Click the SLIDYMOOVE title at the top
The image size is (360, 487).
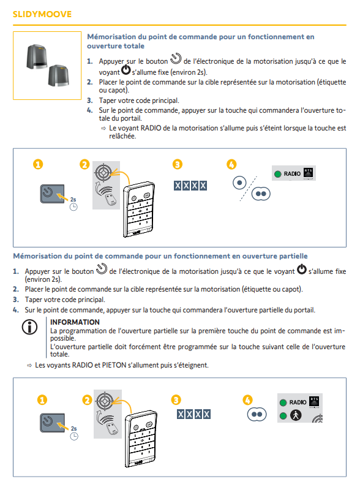[x=42, y=14]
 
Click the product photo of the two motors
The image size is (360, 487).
[x=47, y=66]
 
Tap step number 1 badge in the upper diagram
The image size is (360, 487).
[x=38, y=164]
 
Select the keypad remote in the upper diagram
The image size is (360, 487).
[x=139, y=210]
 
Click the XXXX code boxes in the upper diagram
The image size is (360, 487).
[x=190, y=186]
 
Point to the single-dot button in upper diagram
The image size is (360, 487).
[x=239, y=183]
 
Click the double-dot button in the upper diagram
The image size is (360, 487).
[x=261, y=194]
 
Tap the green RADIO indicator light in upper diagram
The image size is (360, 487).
[x=278, y=174]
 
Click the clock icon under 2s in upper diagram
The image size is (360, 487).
[x=73, y=207]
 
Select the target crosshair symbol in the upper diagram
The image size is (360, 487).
[x=103, y=172]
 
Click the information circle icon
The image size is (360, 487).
[x=30, y=327]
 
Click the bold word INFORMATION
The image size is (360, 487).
[x=75, y=322]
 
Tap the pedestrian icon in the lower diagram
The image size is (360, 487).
[x=296, y=415]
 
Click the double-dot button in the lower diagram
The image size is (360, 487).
[x=257, y=414]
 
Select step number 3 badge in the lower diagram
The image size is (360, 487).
[x=176, y=400]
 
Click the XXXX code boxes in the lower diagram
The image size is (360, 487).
[x=193, y=414]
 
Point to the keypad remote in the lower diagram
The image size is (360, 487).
[x=141, y=439]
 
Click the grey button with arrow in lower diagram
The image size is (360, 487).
[x=52, y=423]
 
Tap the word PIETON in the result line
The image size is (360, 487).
[x=114, y=365]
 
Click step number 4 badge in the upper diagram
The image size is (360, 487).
[x=231, y=164]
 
